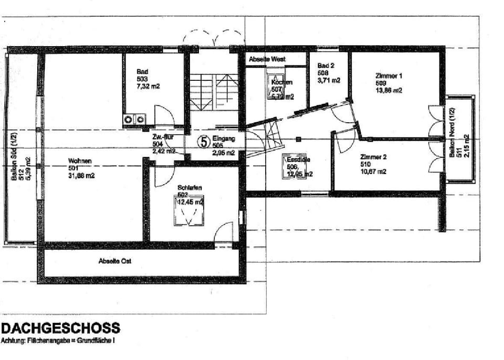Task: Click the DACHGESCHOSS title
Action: pyautogui.click(x=61, y=329)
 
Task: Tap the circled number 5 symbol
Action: pyautogui.click(x=204, y=141)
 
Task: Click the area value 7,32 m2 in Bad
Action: pyautogui.click(x=148, y=86)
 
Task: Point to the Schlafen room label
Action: pyautogui.click(x=190, y=187)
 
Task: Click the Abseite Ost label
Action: pyautogui.click(x=114, y=261)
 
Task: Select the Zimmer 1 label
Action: pyautogui.click(x=389, y=76)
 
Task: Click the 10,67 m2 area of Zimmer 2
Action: pyautogui.click(x=373, y=172)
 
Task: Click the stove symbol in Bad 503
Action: pyautogui.click(x=134, y=120)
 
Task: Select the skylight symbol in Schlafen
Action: pyautogui.click(x=190, y=213)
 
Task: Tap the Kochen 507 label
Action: pyautogui.click(x=281, y=83)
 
